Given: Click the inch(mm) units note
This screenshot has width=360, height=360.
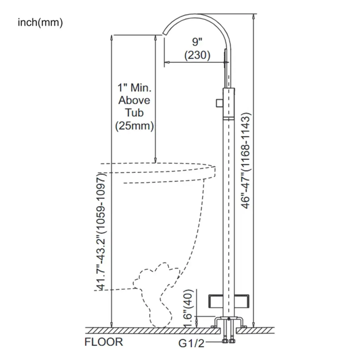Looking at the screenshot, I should [40, 23].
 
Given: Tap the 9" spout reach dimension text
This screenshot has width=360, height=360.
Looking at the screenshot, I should [197, 42].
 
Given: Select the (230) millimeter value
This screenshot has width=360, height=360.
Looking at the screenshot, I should [197, 55].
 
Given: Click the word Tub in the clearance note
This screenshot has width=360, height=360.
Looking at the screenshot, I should [134, 113].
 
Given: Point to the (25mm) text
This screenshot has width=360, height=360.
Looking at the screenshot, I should [134, 126].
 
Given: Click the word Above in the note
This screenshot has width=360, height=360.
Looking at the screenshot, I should [134, 100].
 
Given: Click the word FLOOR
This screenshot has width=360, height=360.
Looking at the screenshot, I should [104, 342].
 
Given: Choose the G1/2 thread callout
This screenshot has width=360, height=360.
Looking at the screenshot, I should [191, 343].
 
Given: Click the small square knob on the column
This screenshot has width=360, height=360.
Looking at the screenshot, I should [219, 102].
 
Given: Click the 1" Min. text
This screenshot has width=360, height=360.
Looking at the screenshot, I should [134, 87].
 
